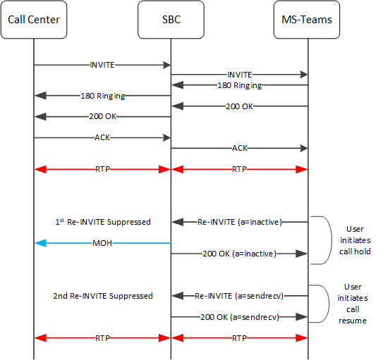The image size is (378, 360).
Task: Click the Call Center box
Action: pyautogui.click(x=34, y=19)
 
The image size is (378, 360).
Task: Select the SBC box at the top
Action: pyautogui.click(x=171, y=19)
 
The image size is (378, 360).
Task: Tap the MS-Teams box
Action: pyautogui.click(x=307, y=19)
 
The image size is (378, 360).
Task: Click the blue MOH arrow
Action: pyautogui.click(x=71, y=242)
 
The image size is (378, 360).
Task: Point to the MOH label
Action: pyautogui.click(x=102, y=242)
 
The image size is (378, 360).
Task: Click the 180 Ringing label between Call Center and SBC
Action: pyautogui.click(x=102, y=95)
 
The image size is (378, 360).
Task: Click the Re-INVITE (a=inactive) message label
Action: pyautogui.click(x=240, y=222)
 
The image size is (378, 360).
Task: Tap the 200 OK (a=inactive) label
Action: pyautogui.click(x=240, y=253)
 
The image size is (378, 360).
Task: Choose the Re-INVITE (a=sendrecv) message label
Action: pyautogui.click(x=240, y=296)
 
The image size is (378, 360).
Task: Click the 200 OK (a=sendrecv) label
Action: pyautogui.click(x=240, y=317)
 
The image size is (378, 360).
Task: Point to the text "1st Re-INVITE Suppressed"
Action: pyautogui.click(x=102, y=222)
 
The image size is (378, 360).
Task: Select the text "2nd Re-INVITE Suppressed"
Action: pyautogui.click(x=102, y=296)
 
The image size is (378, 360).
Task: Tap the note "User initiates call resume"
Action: pyautogui.click(x=355, y=304)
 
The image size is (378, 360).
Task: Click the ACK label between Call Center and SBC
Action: pyautogui.click(x=102, y=138)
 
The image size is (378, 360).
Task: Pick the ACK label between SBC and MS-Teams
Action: pyautogui.click(x=240, y=149)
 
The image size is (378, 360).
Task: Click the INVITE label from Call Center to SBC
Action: pyautogui.click(x=102, y=64)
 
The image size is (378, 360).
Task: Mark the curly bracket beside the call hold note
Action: pyautogui.click(x=325, y=240)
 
